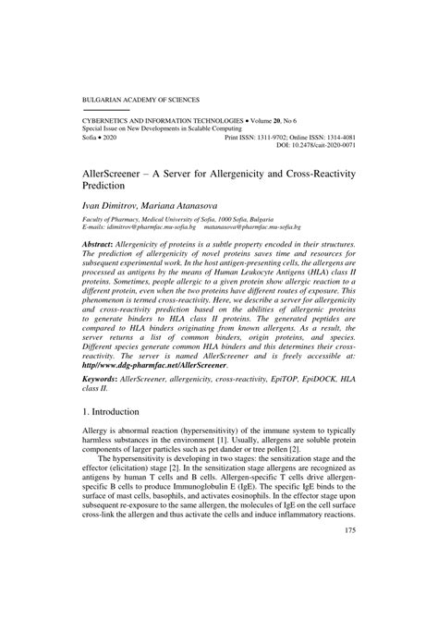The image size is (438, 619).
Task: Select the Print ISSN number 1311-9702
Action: click(x=293, y=136)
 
